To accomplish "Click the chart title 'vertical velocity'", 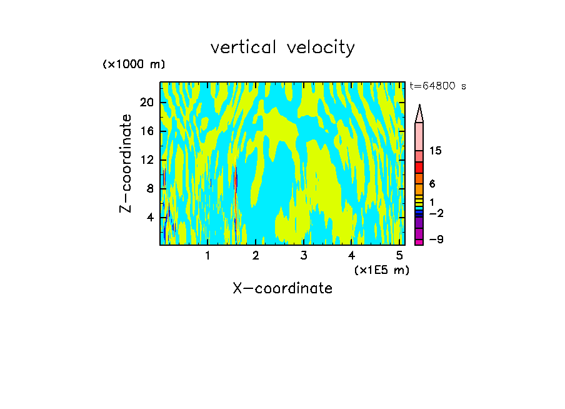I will [282, 48].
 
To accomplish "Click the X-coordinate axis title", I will [282, 288].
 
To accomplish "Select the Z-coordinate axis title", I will [126, 163].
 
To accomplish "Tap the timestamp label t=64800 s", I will [437, 86].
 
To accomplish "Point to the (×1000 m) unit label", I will [134, 64].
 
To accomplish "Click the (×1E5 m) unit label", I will [381, 270].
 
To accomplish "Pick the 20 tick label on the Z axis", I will [146, 102].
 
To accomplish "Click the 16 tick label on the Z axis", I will [146, 131].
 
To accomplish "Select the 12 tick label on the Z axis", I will [146, 159].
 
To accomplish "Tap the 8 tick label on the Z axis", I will [149, 188].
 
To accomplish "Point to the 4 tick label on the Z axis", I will [149, 217].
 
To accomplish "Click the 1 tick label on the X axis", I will [207, 256].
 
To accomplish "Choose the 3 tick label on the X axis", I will [303, 256].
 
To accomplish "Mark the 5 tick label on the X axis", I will [399, 256].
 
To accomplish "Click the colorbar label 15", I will [436, 151].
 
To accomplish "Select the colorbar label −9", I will [436, 240].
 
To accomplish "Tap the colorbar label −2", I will [436, 213].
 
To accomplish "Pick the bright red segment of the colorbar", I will [419, 168].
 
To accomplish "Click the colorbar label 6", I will [432, 184].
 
